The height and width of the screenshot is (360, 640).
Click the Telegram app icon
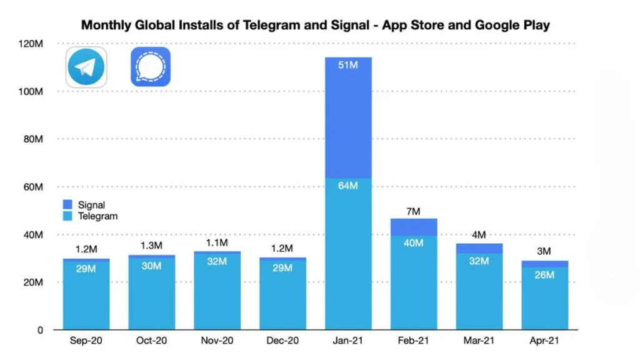(86, 67)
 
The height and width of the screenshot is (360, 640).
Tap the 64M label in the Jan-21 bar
(348, 187)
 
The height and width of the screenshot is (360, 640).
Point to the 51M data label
(348, 65)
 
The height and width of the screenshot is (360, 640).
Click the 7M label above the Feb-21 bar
(414, 212)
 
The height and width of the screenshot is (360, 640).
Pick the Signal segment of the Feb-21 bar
(414, 227)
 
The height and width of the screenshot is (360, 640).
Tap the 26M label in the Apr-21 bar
(544, 274)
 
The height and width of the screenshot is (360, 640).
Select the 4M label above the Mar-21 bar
(479, 236)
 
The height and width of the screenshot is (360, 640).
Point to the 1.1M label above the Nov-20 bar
(217, 243)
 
